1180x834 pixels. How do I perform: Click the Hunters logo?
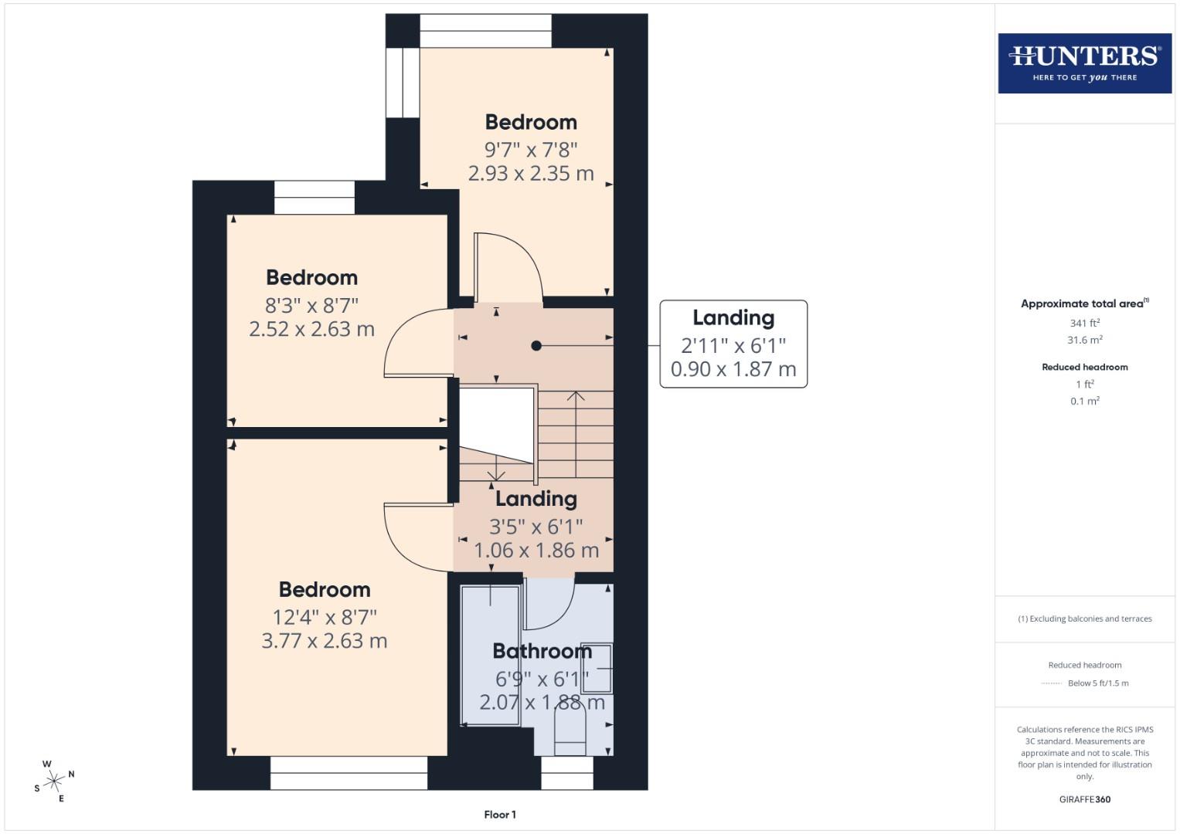tap(1084, 63)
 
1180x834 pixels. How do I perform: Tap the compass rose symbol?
tap(54, 781)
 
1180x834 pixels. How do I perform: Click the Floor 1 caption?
tap(500, 814)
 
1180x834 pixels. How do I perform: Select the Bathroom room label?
tap(542, 651)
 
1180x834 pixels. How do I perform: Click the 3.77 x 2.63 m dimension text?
tap(324, 641)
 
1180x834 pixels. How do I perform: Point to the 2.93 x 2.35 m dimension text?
tap(531, 173)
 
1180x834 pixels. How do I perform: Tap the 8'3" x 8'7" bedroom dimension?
tap(311, 305)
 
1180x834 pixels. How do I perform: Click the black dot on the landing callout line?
tap(536, 346)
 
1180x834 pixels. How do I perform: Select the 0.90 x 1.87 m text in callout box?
tap(733, 369)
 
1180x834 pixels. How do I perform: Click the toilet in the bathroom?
tap(570, 732)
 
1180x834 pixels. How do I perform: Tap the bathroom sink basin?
tap(597, 668)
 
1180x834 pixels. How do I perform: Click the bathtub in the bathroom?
tap(490, 655)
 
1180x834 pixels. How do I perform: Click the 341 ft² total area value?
tap(1084, 323)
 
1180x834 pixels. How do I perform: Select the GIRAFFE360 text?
tap(1084, 799)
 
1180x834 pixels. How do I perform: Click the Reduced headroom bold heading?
tap(1084, 367)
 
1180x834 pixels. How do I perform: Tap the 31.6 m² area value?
tap(1084, 340)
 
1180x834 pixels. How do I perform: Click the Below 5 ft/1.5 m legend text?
tap(1097, 683)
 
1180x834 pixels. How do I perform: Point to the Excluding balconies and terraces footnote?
tap(1084, 619)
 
